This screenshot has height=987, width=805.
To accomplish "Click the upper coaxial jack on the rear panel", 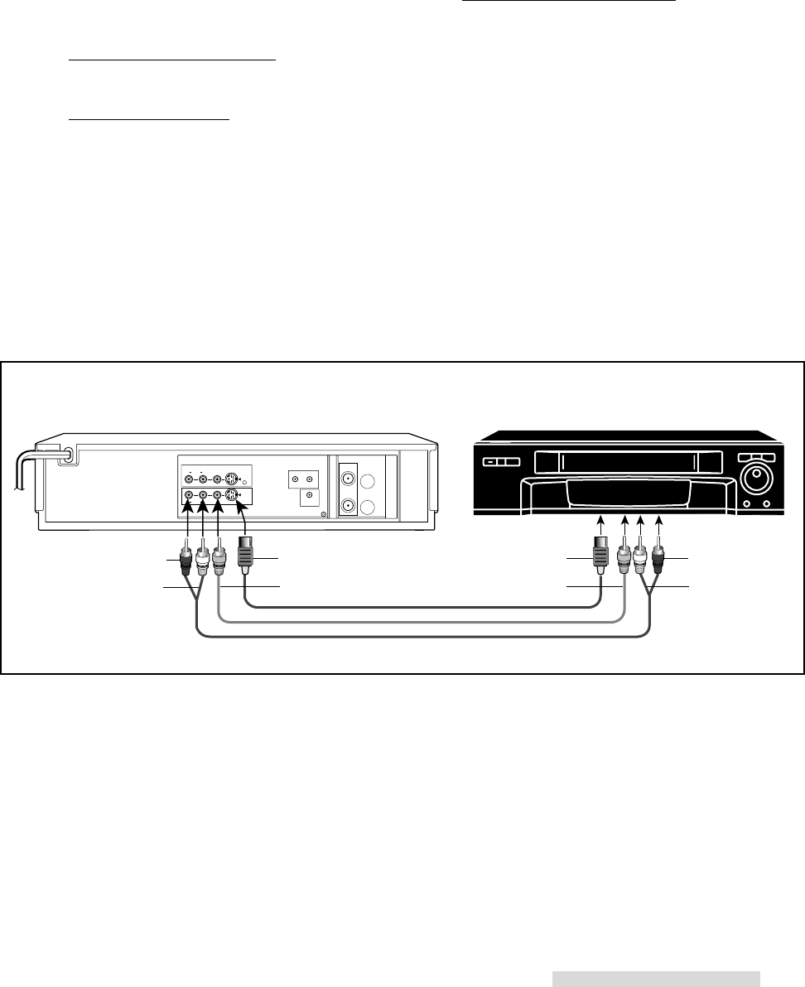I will click(x=349, y=479).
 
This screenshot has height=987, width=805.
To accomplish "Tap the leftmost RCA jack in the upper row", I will click(x=189, y=479).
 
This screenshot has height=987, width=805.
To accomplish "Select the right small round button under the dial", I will click(x=766, y=504).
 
